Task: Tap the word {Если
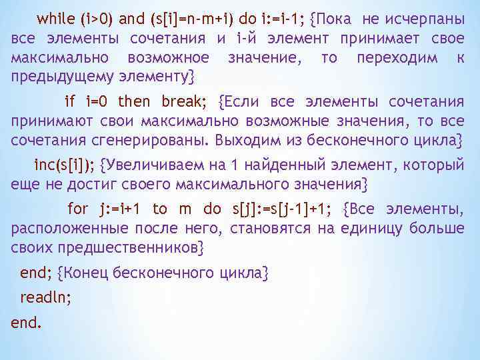(239, 102)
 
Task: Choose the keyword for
(78, 209)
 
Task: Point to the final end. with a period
(27, 323)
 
